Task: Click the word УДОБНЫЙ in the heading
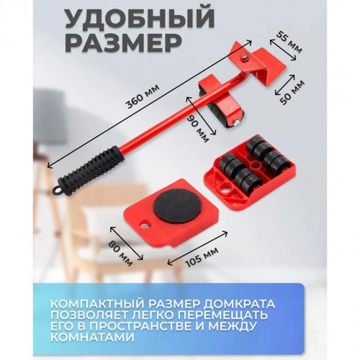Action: click(x=140, y=19)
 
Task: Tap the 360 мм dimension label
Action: click(x=143, y=96)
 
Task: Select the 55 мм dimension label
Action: click(x=289, y=42)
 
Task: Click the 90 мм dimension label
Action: click(x=198, y=127)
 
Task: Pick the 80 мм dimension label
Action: click(x=121, y=253)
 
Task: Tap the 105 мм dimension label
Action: click(x=202, y=257)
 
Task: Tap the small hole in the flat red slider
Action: click(x=145, y=225)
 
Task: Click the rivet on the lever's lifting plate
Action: click(x=245, y=57)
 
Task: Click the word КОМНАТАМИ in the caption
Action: click(x=92, y=338)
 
